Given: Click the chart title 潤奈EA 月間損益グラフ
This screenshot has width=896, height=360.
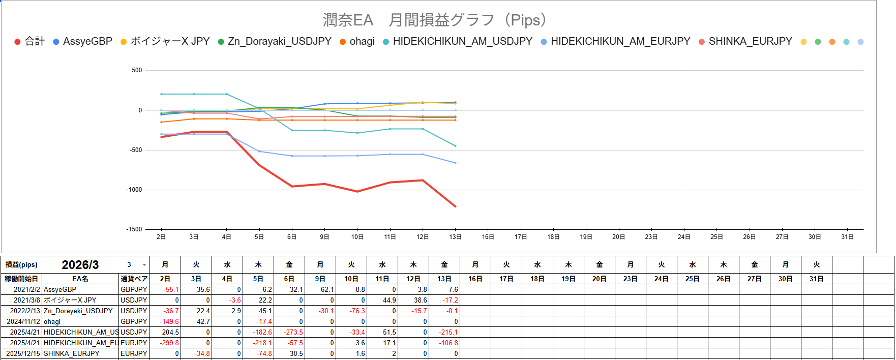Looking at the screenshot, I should [x=435, y=20].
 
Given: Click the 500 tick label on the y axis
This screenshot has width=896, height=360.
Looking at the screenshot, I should [x=137, y=70].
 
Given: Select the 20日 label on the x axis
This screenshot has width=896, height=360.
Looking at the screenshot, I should [x=618, y=237].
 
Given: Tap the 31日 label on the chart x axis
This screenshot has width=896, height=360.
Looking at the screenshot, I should [x=847, y=237].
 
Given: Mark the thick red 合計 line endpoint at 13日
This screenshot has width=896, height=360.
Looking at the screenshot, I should [x=455, y=206].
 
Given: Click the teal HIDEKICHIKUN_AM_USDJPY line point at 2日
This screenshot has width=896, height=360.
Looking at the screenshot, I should [x=161, y=94].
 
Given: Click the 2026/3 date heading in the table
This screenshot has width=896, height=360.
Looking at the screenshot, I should [x=80, y=265].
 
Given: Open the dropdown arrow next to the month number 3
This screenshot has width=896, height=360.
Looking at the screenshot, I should [x=144, y=265].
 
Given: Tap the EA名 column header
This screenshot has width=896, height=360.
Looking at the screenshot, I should [x=80, y=279].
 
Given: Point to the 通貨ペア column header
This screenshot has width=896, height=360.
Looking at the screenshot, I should [x=134, y=279].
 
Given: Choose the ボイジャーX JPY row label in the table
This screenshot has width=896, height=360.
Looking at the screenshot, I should [x=70, y=300].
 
